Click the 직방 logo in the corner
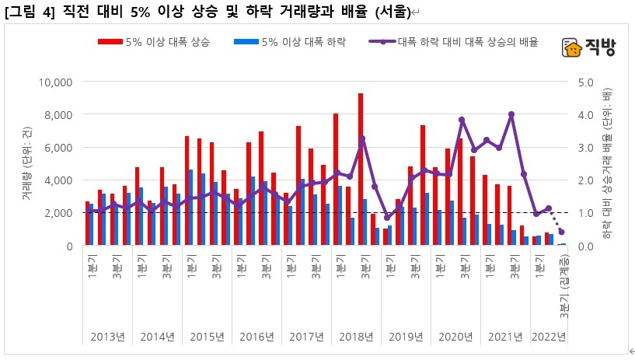coord(588,48)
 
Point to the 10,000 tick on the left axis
coord(55,82)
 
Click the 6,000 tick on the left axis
coord(58,148)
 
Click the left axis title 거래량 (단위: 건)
coord(26,163)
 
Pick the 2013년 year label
coord(107,337)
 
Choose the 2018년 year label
coord(356,337)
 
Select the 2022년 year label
coord(549,337)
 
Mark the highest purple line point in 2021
coord(511,114)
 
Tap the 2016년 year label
coord(256,337)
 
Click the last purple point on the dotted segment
coord(561,232)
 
